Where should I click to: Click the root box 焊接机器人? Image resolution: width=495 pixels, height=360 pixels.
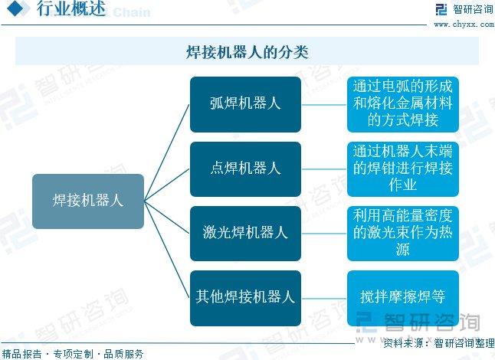pyautogui.click(x=88, y=201)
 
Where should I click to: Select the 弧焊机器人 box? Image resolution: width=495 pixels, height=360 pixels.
pyautogui.click(x=245, y=104)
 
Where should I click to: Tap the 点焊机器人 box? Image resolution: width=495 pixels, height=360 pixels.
pyautogui.click(x=245, y=169)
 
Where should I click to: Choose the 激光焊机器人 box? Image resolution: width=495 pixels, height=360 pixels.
pyautogui.click(x=245, y=234)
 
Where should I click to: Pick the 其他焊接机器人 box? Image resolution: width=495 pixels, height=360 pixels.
pyautogui.click(x=245, y=298)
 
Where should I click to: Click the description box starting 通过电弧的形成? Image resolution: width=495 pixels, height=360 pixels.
pyautogui.click(x=403, y=104)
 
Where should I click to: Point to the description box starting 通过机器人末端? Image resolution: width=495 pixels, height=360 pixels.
pyautogui.click(x=403, y=169)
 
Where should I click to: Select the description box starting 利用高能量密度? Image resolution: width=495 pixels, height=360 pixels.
pyautogui.click(x=403, y=234)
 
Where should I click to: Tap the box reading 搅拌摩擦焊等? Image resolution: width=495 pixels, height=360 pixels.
pyautogui.click(x=403, y=298)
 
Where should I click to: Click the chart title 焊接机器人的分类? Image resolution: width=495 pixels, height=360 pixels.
pyautogui.click(x=247, y=52)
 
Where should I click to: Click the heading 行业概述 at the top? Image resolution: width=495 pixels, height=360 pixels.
pyautogui.click(x=71, y=8)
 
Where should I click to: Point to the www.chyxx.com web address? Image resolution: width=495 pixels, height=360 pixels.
pyautogui.click(x=464, y=24)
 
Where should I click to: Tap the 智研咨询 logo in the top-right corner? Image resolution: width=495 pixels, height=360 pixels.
pyautogui.click(x=464, y=9)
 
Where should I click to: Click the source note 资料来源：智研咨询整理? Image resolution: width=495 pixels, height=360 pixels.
pyautogui.click(x=439, y=343)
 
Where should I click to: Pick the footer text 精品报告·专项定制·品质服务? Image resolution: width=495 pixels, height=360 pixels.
pyautogui.click(x=73, y=354)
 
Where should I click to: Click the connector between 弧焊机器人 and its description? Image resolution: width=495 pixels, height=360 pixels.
pyautogui.click(x=324, y=105)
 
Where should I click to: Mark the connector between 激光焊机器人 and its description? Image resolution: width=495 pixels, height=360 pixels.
pyautogui.click(x=324, y=234)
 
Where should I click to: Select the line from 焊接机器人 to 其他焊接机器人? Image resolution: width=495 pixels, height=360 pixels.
pyautogui.click(x=167, y=250)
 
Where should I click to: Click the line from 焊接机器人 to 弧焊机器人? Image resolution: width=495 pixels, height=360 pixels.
pyautogui.click(x=167, y=152)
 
